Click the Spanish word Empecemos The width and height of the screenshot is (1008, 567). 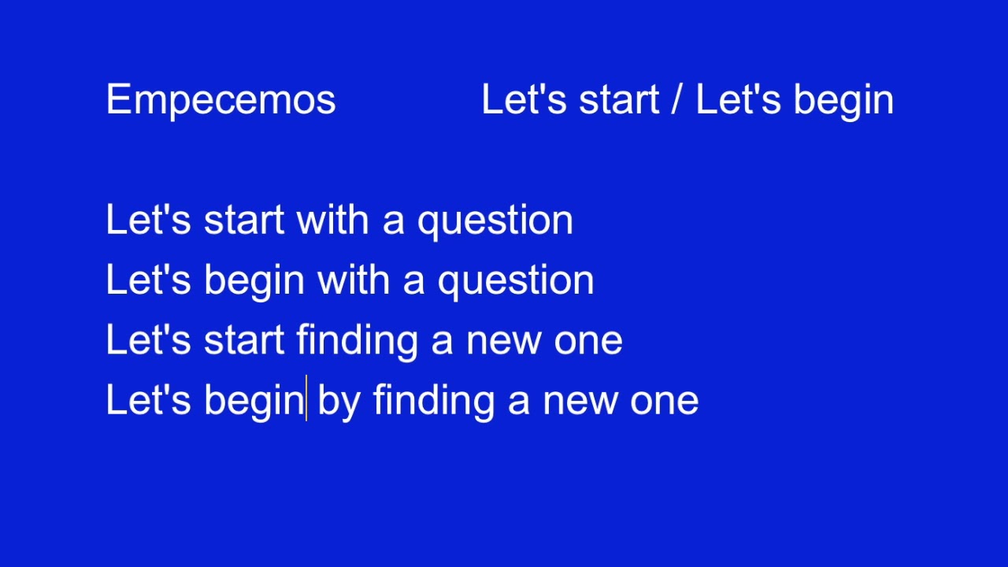coord(220,100)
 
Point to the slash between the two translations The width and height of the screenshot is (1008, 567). coord(676,100)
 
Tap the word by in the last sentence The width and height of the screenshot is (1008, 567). coord(339,401)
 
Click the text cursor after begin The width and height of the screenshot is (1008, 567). coord(306,399)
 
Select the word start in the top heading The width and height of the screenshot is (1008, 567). coord(619,100)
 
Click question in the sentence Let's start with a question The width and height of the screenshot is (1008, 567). coord(495,220)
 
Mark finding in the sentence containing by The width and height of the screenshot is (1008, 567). coord(434,401)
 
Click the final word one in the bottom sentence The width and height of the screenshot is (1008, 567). coord(664,401)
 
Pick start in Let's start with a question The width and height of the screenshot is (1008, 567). coord(244,220)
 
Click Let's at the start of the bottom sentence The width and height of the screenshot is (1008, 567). coord(148,401)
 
